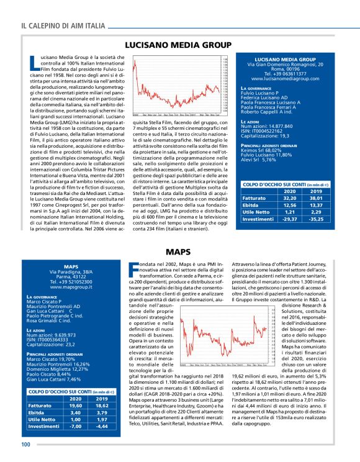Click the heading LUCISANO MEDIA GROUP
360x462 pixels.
[179, 45]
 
